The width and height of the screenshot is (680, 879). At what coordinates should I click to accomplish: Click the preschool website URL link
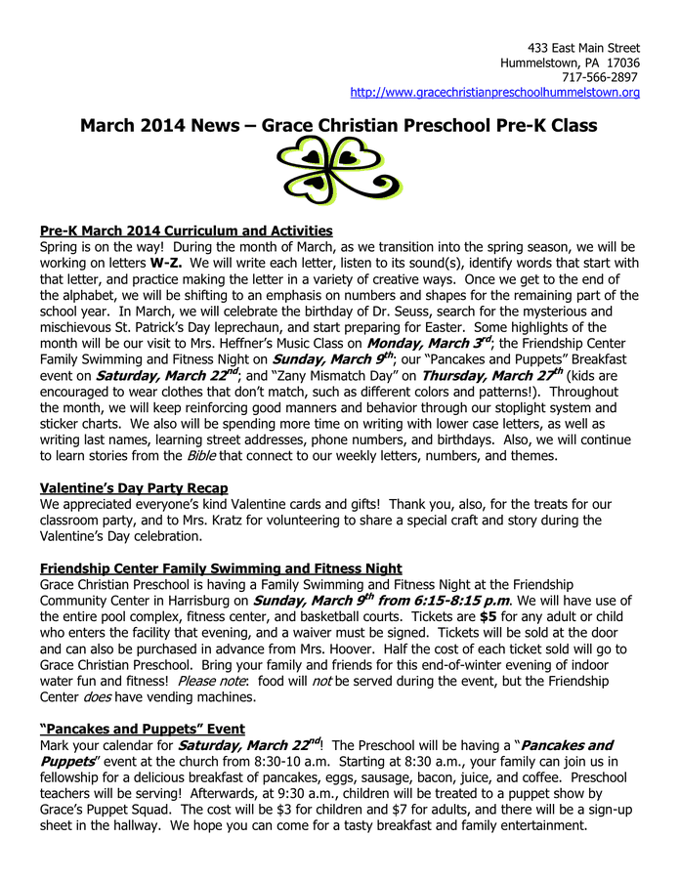click(x=494, y=93)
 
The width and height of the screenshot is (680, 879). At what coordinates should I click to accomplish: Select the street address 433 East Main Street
click(x=583, y=48)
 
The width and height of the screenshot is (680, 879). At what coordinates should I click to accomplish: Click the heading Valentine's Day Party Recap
click(x=134, y=487)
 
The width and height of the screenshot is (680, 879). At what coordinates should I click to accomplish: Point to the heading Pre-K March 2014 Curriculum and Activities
click(x=186, y=231)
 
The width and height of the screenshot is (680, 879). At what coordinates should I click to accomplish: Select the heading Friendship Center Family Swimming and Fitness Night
click(x=221, y=568)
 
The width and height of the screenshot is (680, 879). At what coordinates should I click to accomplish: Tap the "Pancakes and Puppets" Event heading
click(x=142, y=729)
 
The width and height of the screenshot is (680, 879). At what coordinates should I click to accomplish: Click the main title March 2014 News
click(x=338, y=126)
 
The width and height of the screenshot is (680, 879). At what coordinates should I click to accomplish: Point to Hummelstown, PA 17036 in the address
click(x=570, y=63)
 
